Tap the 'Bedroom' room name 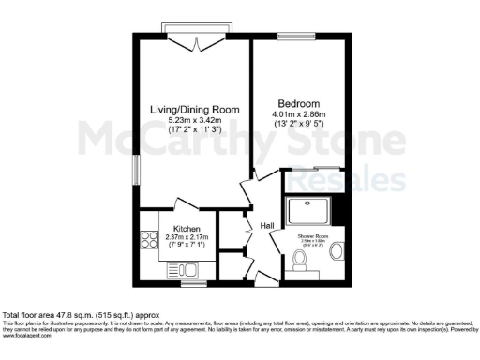coord(299,103)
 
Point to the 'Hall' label coord(266,226)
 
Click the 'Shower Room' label coord(312,236)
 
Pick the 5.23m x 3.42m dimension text coord(192,121)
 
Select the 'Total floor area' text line coord(83,316)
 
